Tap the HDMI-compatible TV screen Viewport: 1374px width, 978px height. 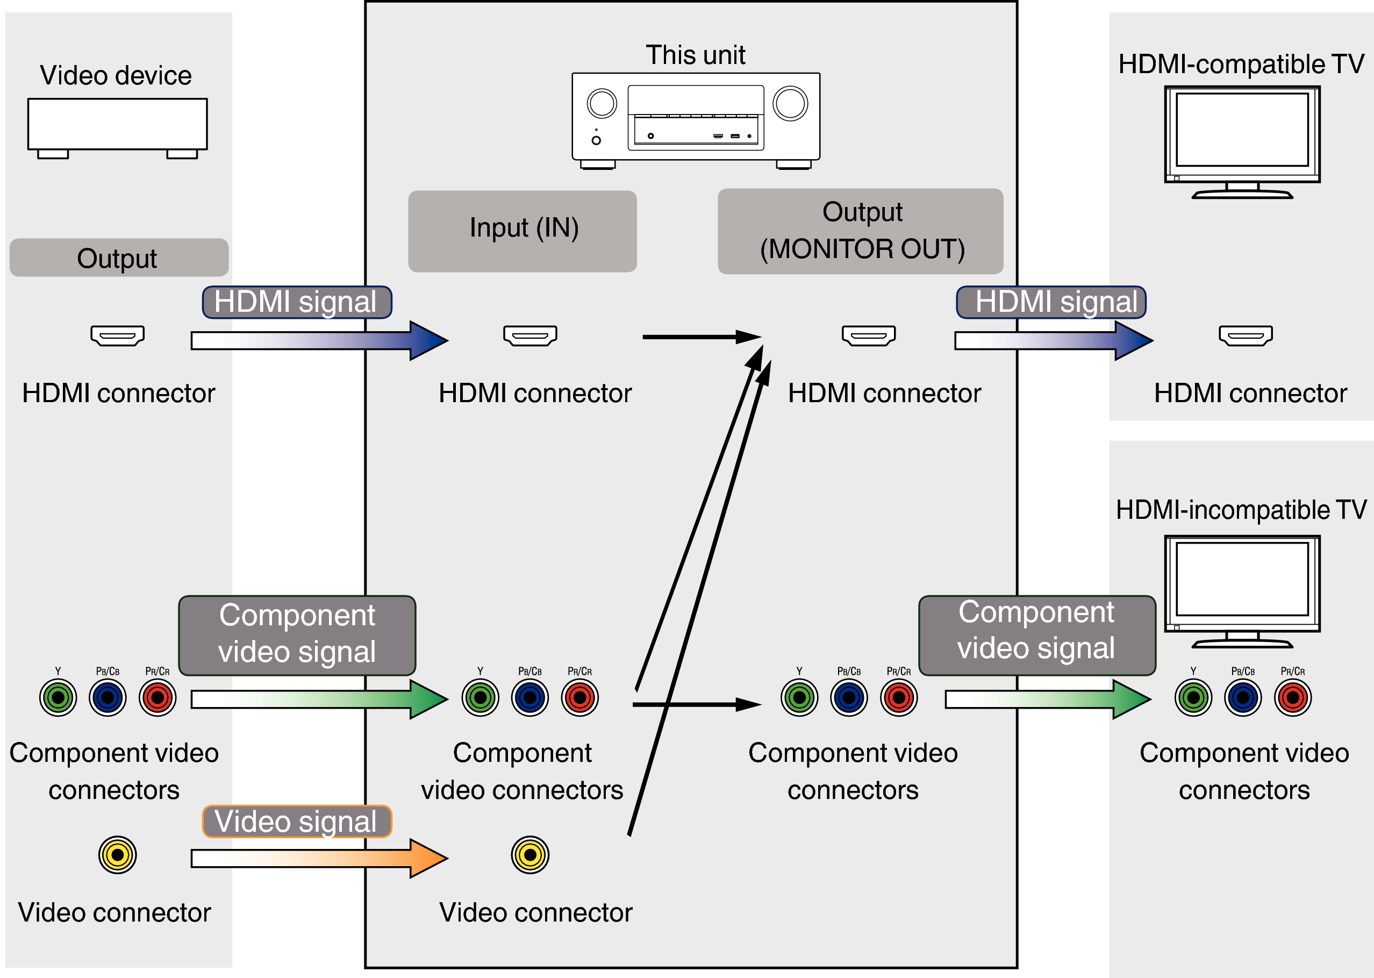[x=1242, y=130]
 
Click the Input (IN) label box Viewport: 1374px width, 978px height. [x=522, y=231]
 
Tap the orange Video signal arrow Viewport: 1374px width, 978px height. [x=319, y=858]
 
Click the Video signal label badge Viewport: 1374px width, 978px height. [x=297, y=821]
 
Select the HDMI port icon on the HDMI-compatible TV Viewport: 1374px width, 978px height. [x=1245, y=335]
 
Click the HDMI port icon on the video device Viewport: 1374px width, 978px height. [x=117, y=335]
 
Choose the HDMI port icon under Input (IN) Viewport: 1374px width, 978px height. [x=530, y=335]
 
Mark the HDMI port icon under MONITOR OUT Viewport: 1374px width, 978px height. [x=868, y=335]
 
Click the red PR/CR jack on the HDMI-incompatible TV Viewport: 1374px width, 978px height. [x=1292, y=697]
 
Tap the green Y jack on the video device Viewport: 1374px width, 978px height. [x=58, y=697]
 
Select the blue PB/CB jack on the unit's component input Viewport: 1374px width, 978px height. [x=530, y=697]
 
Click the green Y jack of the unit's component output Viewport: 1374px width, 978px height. [x=799, y=697]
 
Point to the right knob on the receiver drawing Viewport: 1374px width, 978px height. [x=790, y=104]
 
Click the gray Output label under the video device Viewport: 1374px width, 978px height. [x=119, y=258]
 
